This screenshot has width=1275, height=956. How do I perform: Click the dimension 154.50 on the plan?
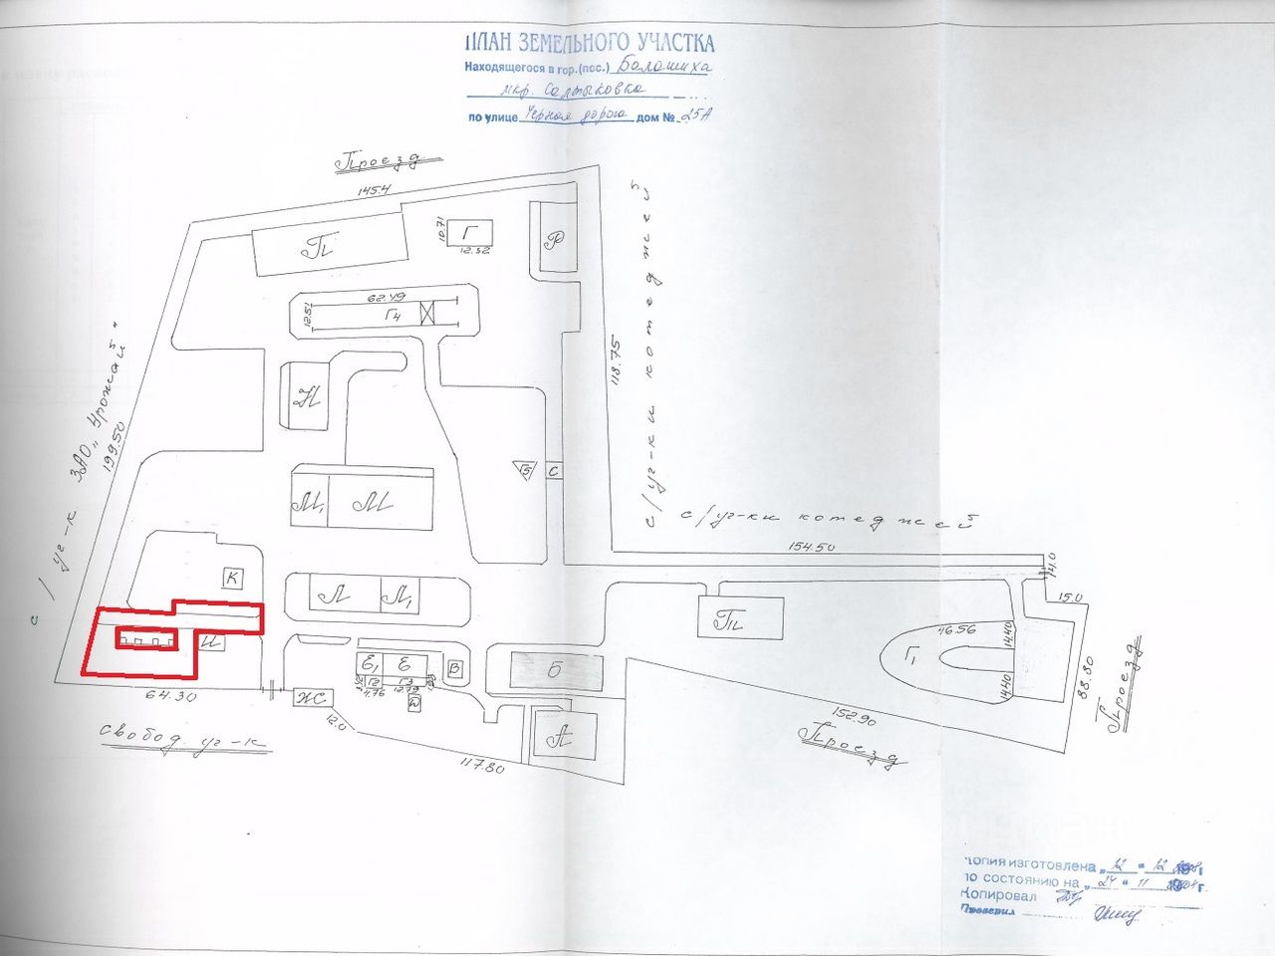pyautogui.click(x=813, y=546)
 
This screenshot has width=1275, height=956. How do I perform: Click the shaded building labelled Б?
pyautogui.click(x=555, y=669)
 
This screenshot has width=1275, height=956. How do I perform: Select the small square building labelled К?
pyautogui.click(x=232, y=577)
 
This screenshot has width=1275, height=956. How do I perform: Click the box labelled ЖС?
pyautogui.click(x=310, y=698)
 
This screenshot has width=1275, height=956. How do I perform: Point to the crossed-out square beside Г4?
pyautogui.click(x=429, y=314)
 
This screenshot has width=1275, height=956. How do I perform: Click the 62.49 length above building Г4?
pyautogui.click(x=382, y=298)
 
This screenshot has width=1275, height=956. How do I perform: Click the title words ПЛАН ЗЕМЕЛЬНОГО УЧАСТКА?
pyautogui.click(x=589, y=42)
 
